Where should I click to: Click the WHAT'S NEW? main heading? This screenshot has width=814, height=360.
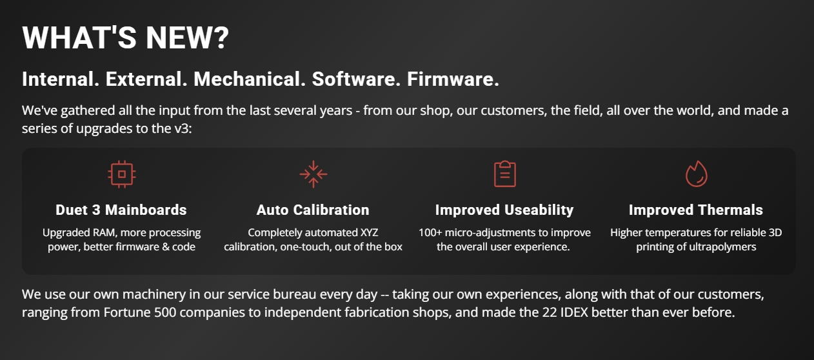[x=125, y=37]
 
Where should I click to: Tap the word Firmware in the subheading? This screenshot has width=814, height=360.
[x=453, y=79]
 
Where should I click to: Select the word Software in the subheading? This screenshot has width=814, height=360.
[x=356, y=79]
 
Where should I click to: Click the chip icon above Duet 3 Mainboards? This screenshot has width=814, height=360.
[x=122, y=174]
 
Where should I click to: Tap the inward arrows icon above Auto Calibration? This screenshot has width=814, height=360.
[x=313, y=174]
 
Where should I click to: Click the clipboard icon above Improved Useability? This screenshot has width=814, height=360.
[x=505, y=174]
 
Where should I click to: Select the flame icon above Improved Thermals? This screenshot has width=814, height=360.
[x=696, y=174]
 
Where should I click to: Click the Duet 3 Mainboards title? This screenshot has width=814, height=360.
[x=121, y=210]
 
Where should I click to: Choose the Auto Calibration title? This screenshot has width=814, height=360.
[x=313, y=210]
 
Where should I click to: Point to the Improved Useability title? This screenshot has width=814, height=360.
[x=504, y=210]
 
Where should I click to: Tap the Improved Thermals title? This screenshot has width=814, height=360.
[x=696, y=210]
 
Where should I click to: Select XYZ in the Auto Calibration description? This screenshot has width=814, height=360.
[x=369, y=232]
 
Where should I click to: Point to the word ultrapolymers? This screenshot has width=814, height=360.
[x=724, y=247]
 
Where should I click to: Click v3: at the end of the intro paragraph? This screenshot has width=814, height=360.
[x=183, y=128]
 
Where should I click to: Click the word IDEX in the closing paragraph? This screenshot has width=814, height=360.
[x=574, y=312]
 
